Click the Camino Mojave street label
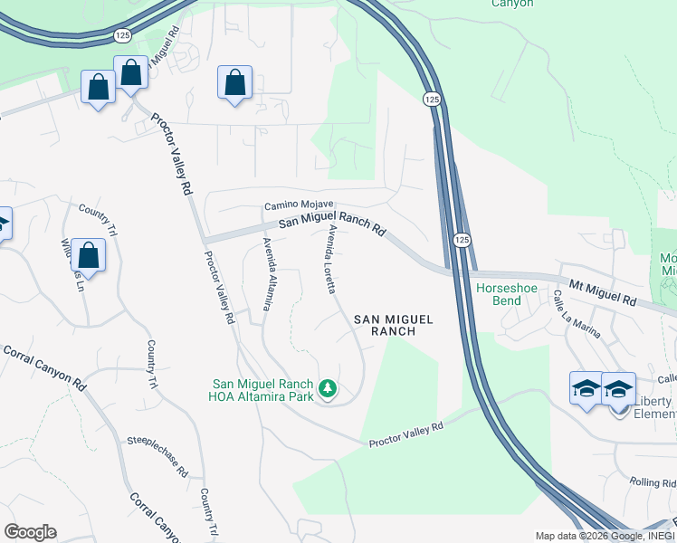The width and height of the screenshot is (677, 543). coord(300,205)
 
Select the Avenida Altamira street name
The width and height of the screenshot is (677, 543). coord(266,274)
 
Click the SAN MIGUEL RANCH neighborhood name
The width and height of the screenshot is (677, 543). coord(394,325)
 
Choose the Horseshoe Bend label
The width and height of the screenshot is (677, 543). coord(507,294)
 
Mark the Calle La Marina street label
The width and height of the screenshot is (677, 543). coord(577,314)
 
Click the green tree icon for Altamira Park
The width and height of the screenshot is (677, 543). coord(328,390)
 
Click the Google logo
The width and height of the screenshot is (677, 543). coord(30,532)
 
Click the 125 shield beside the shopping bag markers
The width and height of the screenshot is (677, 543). coord(122,34)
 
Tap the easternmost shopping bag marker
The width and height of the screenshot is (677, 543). coord(234,81)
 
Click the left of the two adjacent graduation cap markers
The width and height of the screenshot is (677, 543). coord(586,388)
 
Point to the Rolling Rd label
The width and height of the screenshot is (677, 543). coord(653,482)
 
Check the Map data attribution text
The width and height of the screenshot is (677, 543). coord(605,536)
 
